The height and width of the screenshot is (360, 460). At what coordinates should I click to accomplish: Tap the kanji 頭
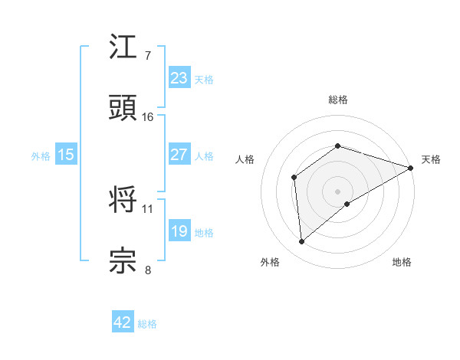[123, 109]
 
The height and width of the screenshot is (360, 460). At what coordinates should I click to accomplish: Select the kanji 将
[123, 199]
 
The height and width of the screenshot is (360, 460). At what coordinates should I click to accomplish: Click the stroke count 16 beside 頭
[148, 117]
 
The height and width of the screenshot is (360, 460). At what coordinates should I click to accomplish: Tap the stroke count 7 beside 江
[148, 56]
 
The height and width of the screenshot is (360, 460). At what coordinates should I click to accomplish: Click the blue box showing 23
[179, 77]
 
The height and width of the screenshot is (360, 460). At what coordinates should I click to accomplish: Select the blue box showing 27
[179, 155]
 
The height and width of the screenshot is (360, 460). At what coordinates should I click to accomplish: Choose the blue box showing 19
[179, 231]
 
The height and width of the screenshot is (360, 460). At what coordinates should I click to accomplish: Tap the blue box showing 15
[65, 155]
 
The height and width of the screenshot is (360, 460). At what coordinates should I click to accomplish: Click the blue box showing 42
[122, 322]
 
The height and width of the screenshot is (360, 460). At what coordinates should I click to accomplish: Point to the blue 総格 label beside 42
[147, 324]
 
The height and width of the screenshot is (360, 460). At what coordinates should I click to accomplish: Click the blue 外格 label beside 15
[41, 155]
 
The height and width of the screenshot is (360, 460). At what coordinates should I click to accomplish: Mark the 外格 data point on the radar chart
[301, 242]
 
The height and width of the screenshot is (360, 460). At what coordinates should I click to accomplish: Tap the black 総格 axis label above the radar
[337, 100]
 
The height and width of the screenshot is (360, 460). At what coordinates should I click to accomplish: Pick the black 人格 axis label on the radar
[245, 159]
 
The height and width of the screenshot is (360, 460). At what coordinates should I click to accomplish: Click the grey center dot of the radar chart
[337, 191]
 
